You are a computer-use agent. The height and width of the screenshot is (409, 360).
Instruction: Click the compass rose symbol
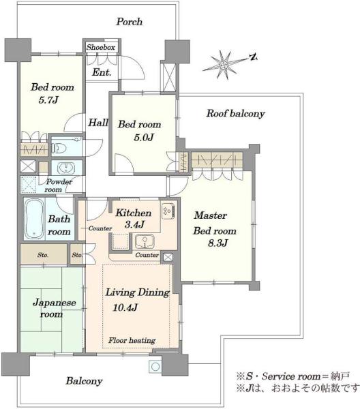click(x=224, y=65)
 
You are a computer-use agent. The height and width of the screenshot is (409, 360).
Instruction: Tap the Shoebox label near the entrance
click(x=101, y=47)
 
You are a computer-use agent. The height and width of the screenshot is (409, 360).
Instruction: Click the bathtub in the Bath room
click(x=35, y=219)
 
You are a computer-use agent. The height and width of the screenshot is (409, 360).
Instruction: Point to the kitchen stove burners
click(x=168, y=211)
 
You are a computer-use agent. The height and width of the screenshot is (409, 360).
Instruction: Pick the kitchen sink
click(x=145, y=241)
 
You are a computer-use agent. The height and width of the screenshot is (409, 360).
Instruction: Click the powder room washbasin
click(x=66, y=168)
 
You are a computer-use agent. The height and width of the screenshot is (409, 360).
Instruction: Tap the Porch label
click(x=130, y=22)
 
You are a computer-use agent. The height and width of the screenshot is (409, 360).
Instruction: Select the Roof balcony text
click(x=235, y=113)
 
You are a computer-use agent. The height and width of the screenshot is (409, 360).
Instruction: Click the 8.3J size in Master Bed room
click(x=217, y=243)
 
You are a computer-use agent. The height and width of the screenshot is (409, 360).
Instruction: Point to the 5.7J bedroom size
click(x=48, y=100)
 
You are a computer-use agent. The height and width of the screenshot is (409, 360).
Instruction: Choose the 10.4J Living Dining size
click(x=125, y=307)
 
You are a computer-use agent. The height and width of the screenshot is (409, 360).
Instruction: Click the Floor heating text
click(x=132, y=340)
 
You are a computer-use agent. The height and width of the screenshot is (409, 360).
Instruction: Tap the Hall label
click(x=98, y=122)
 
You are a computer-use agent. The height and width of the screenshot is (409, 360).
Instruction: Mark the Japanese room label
click(x=55, y=308)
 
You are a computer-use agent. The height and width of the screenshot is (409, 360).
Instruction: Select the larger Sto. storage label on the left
click(x=43, y=255)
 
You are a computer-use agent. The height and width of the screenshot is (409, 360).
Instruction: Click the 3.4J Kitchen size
click(x=134, y=224)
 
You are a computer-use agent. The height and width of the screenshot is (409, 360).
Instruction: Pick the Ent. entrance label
click(x=102, y=72)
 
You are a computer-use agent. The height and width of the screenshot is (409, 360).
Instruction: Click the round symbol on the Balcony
click(x=155, y=367)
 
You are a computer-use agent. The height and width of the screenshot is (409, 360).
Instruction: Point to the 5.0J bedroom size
click(x=143, y=137)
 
